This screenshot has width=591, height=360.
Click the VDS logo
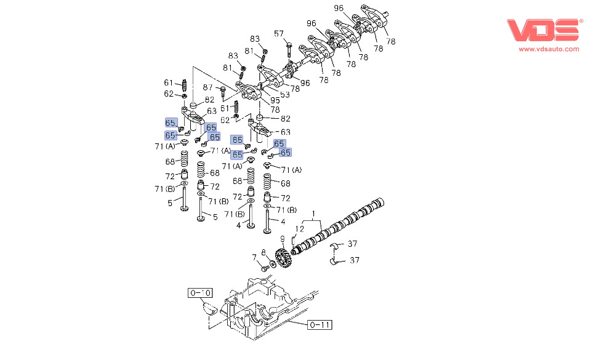tap(543, 30)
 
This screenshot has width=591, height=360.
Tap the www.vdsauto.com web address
tap(549, 49)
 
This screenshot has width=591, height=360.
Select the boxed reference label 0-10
tap(200, 293)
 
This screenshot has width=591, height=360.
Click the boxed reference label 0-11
tap(320, 324)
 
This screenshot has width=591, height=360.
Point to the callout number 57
tap(278, 34)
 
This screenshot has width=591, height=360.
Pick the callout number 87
tap(207, 87)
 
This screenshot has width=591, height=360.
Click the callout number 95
tap(275, 100)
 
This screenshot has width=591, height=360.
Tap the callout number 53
tap(285, 94)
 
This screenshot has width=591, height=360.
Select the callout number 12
tap(299, 228)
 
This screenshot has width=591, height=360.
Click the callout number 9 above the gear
tap(283, 239)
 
